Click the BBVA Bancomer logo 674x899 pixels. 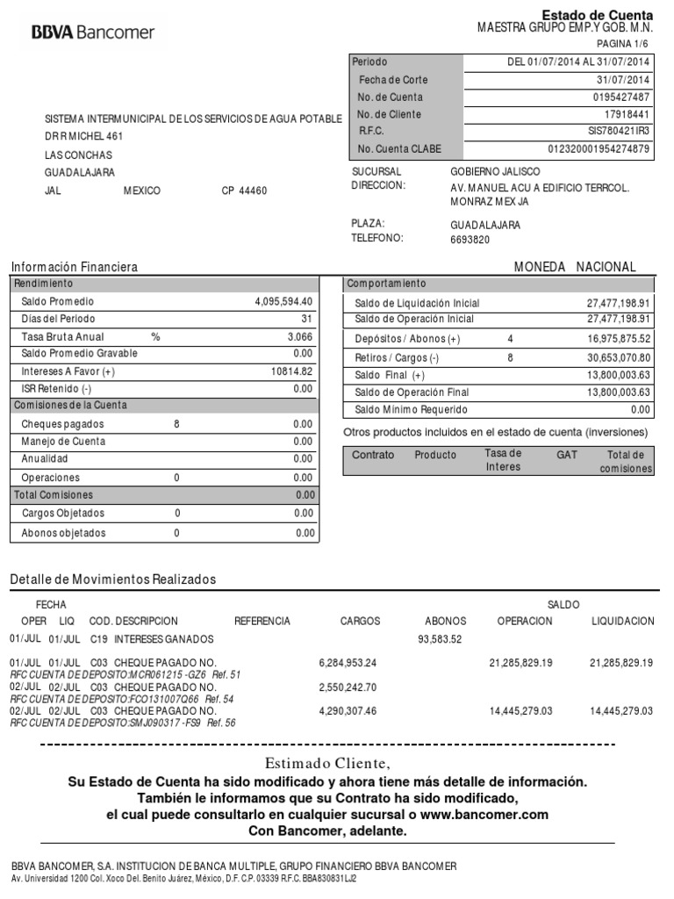(x=92, y=32)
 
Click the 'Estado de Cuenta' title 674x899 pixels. (x=597, y=15)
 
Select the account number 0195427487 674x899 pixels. (x=620, y=97)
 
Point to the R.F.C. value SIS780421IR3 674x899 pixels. (x=619, y=132)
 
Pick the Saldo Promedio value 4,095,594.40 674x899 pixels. (x=283, y=301)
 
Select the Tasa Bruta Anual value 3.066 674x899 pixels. (x=299, y=337)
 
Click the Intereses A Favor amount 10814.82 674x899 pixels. (x=291, y=372)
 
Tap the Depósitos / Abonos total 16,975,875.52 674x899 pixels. (x=619, y=339)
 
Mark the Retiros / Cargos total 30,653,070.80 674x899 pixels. (x=619, y=357)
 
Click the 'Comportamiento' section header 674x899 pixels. (x=386, y=284)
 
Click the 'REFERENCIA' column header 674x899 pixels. (x=262, y=621)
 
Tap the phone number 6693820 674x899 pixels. (x=470, y=240)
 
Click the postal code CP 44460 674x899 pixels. (x=244, y=191)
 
